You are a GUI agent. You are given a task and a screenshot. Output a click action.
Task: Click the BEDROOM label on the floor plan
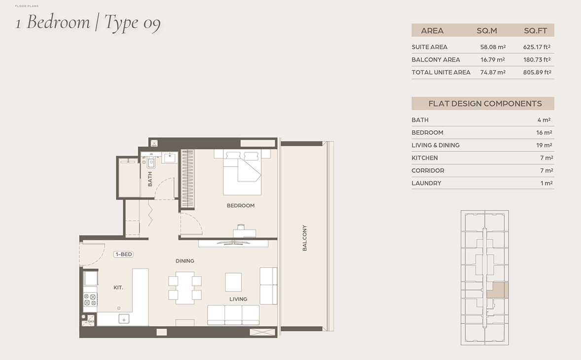click(x=241, y=206)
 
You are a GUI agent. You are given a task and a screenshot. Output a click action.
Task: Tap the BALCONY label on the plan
click(x=305, y=238)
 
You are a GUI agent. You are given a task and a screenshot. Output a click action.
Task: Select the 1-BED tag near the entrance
click(x=123, y=254)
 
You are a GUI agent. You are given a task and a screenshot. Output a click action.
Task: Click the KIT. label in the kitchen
click(x=118, y=288)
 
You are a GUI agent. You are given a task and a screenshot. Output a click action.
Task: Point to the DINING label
click(x=185, y=261)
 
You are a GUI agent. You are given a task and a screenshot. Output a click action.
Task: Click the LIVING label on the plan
click(x=238, y=299)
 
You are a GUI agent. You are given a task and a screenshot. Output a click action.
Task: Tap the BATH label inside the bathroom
click(x=150, y=179)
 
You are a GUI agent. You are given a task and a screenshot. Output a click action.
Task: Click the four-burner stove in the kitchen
click(x=90, y=300)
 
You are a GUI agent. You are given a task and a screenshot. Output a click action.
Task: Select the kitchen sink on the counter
click(x=124, y=319)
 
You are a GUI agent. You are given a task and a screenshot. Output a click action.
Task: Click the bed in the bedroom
click(x=242, y=172)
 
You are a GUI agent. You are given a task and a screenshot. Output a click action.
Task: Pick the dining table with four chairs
click(x=185, y=288)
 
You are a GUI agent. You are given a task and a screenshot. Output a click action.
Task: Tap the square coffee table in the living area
click(x=233, y=282)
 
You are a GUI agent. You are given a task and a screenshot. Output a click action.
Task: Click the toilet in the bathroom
click(x=151, y=162)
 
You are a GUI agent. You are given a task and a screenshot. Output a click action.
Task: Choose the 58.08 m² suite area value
click(x=493, y=47)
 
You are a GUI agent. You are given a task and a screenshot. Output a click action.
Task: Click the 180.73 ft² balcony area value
click(x=537, y=60)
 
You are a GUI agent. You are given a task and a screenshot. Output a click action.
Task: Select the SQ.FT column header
click(x=536, y=31)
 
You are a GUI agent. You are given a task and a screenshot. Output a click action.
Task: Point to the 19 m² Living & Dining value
click(x=544, y=145)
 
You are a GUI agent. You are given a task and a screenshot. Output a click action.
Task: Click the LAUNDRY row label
click(x=427, y=183)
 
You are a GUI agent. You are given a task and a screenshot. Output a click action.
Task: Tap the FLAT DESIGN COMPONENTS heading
click(x=485, y=104)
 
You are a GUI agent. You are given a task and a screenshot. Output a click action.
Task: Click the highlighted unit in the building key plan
click(x=497, y=290)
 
